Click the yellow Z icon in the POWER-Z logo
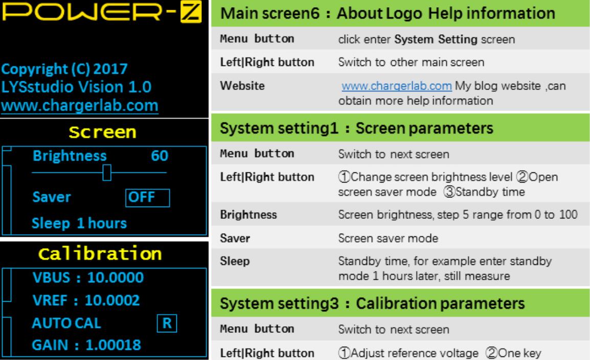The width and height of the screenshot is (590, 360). (x=191, y=11)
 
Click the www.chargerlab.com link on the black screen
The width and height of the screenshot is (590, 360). (x=80, y=106)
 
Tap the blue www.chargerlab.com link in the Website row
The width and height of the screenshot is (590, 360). (x=397, y=86)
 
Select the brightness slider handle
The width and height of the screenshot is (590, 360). (x=107, y=173)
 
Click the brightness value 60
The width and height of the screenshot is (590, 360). (x=160, y=156)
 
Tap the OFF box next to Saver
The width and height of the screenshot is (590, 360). (x=147, y=197)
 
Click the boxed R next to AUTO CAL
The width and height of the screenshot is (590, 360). (x=167, y=323)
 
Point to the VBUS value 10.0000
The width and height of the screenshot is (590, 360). (x=116, y=278)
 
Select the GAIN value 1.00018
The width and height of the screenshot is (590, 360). (x=114, y=345)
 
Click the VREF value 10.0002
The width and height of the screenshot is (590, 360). (x=112, y=300)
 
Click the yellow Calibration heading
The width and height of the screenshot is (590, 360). (x=100, y=254)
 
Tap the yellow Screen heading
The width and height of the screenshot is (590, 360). (x=102, y=132)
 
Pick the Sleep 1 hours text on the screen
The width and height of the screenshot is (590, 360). (x=79, y=223)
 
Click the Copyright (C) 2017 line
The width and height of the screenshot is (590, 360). (x=64, y=69)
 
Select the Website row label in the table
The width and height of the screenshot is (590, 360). (x=242, y=86)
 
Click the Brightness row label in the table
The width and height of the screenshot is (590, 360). (x=248, y=215)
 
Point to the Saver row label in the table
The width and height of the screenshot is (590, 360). (x=235, y=238)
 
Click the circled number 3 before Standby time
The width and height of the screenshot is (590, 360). (x=449, y=192)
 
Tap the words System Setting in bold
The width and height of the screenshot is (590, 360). (x=436, y=39)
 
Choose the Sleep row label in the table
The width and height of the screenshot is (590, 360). (x=235, y=261)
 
